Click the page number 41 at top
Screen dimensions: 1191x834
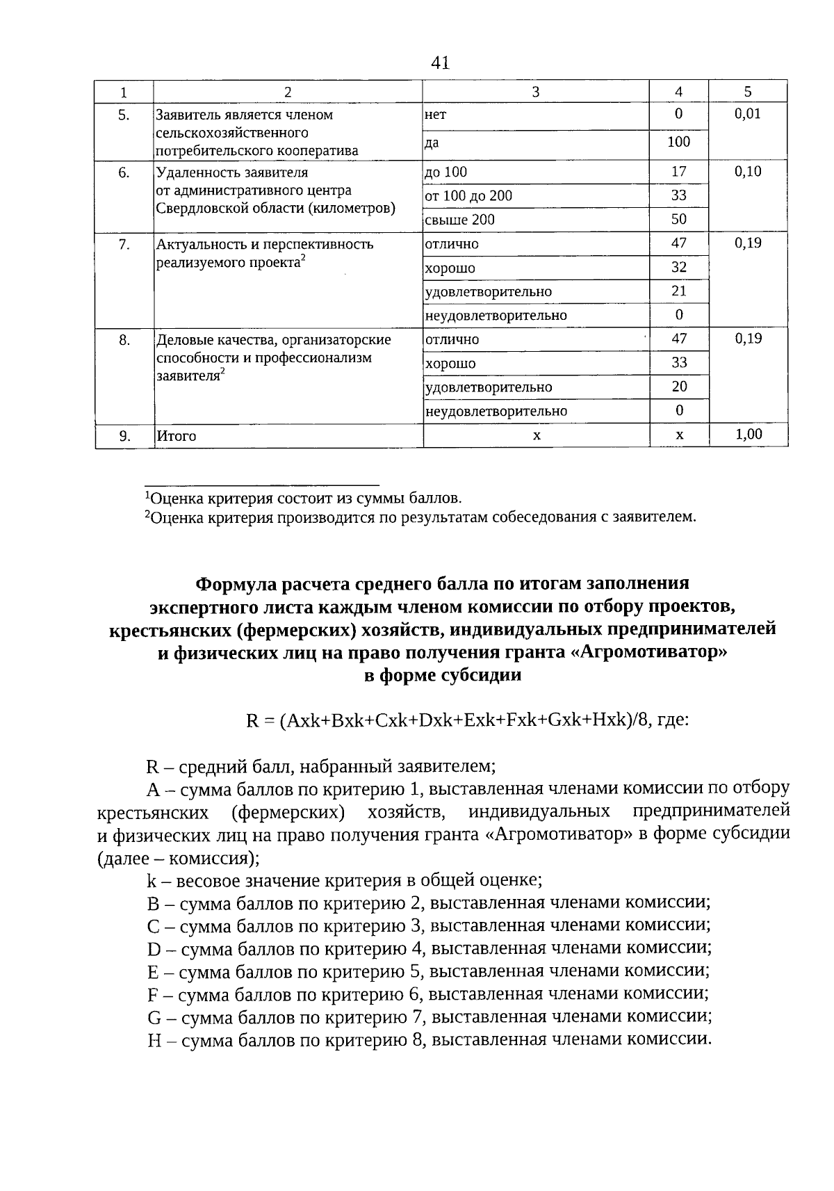pos(440,63)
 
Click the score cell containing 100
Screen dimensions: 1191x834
pos(678,143)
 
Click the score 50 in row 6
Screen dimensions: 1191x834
pos(678,220)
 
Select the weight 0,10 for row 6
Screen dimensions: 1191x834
pos(748,172)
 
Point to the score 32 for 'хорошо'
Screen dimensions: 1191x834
pos(678,268)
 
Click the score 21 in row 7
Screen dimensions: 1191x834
pos(678,291)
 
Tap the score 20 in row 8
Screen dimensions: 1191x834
pos(678,387)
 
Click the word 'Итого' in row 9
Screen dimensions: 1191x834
pos(177,437)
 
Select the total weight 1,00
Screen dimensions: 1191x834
pos(748,435)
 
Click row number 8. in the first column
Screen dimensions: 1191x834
pos(124,340)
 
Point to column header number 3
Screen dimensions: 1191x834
pos(535,92)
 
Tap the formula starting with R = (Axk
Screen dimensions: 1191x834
pos(467,720)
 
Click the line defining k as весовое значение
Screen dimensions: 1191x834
pos(345,880)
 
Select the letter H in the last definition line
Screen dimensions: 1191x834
pos(154,1041)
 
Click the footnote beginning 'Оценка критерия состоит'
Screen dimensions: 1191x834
pos(303,499)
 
